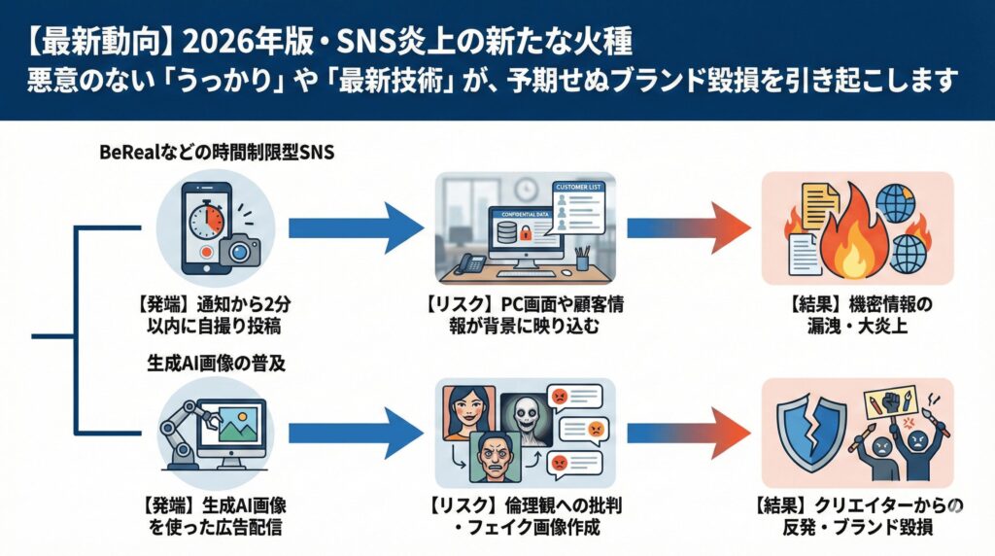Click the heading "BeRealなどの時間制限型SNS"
coord(217,153)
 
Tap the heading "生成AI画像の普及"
coord(217,363)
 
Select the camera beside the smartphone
coord(240,251)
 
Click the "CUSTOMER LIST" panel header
coord(577,188)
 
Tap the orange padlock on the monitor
coord(526,233)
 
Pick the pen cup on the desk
coord(582,260)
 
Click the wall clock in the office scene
coord(527,190)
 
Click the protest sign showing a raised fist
coord(890,402)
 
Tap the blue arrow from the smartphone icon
coord(356,228)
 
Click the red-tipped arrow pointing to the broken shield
coord(689,434)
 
